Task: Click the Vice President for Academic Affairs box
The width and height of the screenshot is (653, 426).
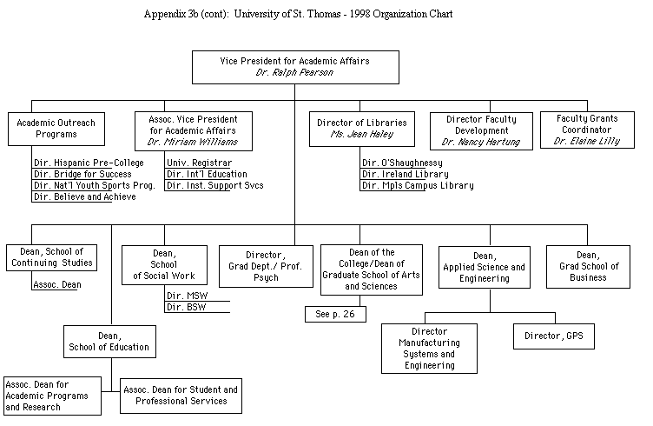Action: tap(294, 67)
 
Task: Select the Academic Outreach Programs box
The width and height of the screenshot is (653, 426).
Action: tap(56, 129)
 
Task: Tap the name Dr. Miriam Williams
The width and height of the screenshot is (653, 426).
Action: tap(194, 141)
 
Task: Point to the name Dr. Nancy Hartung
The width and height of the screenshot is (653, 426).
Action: tap(481, 142)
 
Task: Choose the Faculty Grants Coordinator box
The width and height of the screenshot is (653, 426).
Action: tap(586, 129)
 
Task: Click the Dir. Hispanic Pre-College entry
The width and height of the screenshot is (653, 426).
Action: tap(89, 163)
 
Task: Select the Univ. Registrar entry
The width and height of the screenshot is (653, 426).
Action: tap(199, 163)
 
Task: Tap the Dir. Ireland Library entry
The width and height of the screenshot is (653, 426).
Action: tap(406, 174)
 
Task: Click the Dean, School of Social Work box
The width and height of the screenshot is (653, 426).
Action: tap(163, 264)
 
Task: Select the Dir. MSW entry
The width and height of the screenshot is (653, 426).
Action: tap(181, 296)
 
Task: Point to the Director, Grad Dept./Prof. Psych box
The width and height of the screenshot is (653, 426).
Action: tap(266, 266)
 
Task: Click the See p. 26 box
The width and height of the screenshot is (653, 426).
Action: tap(334, 314)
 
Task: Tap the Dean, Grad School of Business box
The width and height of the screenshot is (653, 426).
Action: tap(598, 266)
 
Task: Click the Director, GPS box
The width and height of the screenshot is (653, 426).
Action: tap(553, 336)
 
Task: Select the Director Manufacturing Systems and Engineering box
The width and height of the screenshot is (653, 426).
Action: tap(429, 348)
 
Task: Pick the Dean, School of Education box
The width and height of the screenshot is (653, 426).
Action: tap(109, 341)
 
